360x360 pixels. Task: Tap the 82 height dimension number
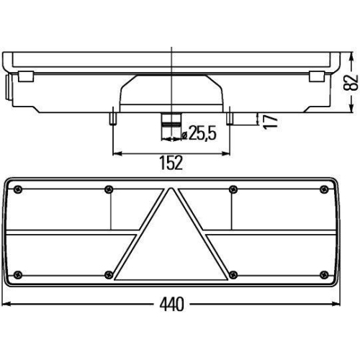click(351, 81)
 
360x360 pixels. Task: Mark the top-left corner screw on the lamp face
click(18, 189)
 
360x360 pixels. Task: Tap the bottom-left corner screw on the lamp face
click(18, 274)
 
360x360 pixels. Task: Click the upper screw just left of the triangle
click(108, 189)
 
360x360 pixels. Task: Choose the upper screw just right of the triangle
click(231, 189)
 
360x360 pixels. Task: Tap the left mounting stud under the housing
click(112, 117)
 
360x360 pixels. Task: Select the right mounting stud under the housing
click(228, 117)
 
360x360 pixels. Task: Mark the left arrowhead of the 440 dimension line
click(7, 304)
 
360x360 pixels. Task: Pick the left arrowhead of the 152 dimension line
click(116, 153)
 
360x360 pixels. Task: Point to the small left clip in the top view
click(24, 76)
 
